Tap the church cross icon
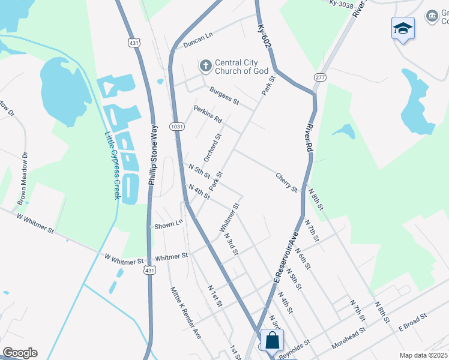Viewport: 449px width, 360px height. pyautogui.click(x=205, y=65)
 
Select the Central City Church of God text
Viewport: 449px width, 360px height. pyautogui.click(x=237, y=67)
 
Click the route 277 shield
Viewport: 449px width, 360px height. pyautogui.click(x=319, y=77)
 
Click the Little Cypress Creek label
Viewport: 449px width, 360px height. pyautogui.click(x=113, y=166)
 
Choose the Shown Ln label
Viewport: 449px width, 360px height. pyautogui.click(x=168, y=224)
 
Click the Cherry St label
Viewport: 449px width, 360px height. pyautogui.click(x=286, y=182)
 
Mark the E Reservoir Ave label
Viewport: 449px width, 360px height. pyautogui.click(x=286, y=257)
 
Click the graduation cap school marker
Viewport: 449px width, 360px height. pyautogui.click(x=403, y=28)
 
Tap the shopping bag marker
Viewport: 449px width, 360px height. pyautogui.click(x=273, y=340)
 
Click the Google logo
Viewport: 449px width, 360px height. pyautogui.click(x=20, y=353)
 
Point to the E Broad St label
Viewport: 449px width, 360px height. pyautogui.click(x=412, y=322)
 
